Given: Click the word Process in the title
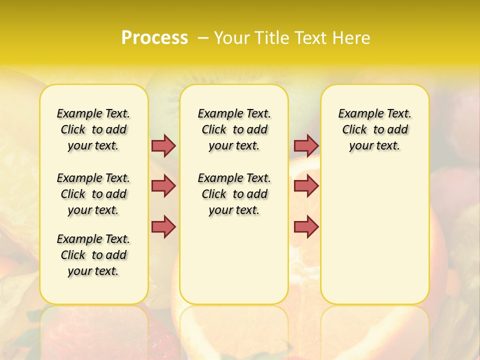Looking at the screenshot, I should tap(154, 38).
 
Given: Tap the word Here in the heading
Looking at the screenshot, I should tap(351, 38).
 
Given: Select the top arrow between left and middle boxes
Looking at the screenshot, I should tap(163, 145).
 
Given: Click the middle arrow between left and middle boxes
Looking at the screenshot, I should tap(163, 186).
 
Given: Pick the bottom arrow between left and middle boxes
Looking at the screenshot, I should tap(163, 226).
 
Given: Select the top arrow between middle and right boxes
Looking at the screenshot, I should tap(306, 145).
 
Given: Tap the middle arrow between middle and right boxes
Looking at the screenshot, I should tap(306, 186).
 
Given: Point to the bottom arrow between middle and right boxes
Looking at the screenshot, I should tap(306, 226).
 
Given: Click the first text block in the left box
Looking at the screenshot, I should tap(93, 129).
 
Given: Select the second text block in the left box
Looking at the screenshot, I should tap(93, 194).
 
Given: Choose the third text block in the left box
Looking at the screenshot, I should tap(93, 255).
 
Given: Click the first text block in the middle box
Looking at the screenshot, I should tap(234, 129).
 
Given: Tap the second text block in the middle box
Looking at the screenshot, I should tap(234, 194).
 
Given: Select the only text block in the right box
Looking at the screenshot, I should tap(374, 129).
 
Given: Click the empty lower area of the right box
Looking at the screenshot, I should tap(374, 235).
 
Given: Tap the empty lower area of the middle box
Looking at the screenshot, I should tap(234, 260).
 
